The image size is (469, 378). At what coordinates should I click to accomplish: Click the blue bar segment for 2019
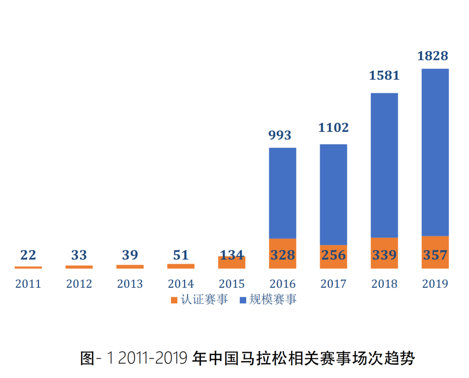(x=435, y=152)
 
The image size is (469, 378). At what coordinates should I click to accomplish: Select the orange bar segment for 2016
(x=283, y=253)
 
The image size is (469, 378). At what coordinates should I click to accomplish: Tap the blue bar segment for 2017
(x=334, y=194)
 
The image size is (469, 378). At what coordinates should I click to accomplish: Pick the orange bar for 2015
(x=232, y=263)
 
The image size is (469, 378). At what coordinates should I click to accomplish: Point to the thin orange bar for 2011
(x=28, y=267)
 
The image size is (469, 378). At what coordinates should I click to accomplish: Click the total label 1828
(x=433, y=56)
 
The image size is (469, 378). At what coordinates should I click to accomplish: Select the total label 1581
(x=384, y=76)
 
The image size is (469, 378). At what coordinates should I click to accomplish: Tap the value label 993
(x=280, y=135)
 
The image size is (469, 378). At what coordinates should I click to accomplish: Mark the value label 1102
(x=334, y=128)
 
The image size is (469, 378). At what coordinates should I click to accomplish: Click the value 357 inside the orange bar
(x=435, y=255)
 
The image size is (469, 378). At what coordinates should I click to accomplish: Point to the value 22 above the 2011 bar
(x=28, y=255)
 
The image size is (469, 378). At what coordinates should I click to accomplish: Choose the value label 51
(x=181, y=255)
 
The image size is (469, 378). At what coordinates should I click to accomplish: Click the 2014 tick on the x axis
(x=181, y=284)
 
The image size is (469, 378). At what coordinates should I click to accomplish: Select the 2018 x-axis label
(x=384, y=284)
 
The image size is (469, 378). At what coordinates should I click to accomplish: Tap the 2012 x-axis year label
(x=79, y=284)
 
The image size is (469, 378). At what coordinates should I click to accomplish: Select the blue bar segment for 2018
(x=384, y=165)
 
